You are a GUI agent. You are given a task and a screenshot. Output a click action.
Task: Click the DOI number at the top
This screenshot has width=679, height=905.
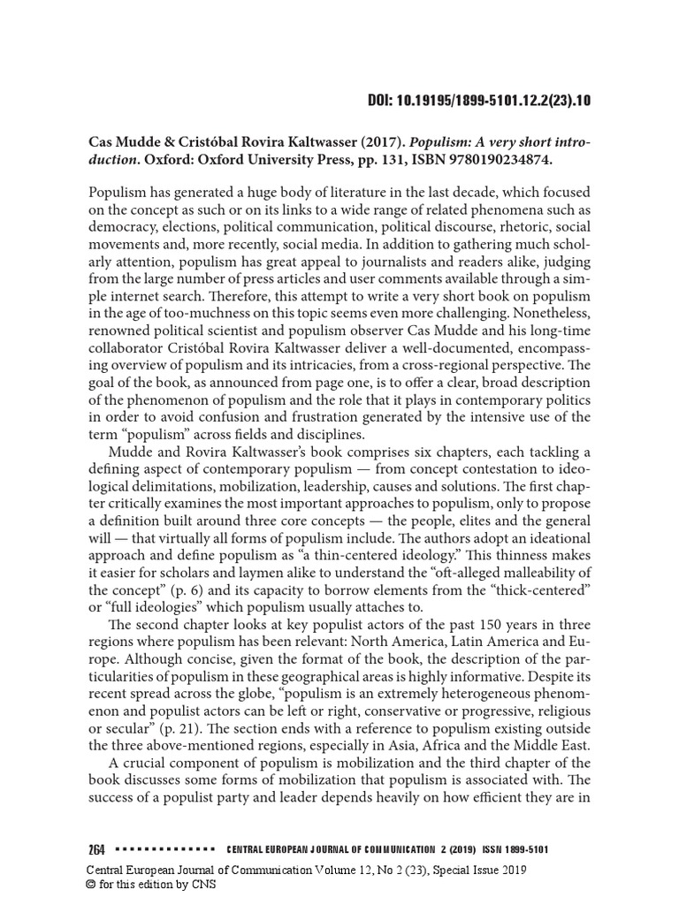coord(478,99)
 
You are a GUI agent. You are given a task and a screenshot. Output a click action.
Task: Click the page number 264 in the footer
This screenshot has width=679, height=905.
coord(96,850)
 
